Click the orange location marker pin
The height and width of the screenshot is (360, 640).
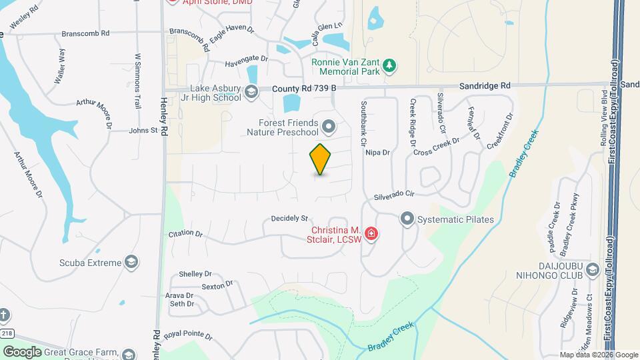tap(321, 159)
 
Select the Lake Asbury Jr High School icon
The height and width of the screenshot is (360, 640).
tap(251, 93)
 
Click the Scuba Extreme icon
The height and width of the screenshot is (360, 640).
tap(131, 262)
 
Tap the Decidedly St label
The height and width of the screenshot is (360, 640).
tap(289, 219)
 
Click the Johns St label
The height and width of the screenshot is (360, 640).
tap(143, 131)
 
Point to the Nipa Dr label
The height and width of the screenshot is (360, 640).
tap(377, 152)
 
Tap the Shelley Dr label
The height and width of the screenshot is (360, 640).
tap(195, 274)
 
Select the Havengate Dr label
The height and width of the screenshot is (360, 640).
tap(246, 59)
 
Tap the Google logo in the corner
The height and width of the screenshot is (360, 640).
tap(21, 351)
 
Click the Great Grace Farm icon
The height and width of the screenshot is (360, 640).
tap(129, 353)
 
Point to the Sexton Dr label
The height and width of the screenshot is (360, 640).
tap(217, 285)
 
